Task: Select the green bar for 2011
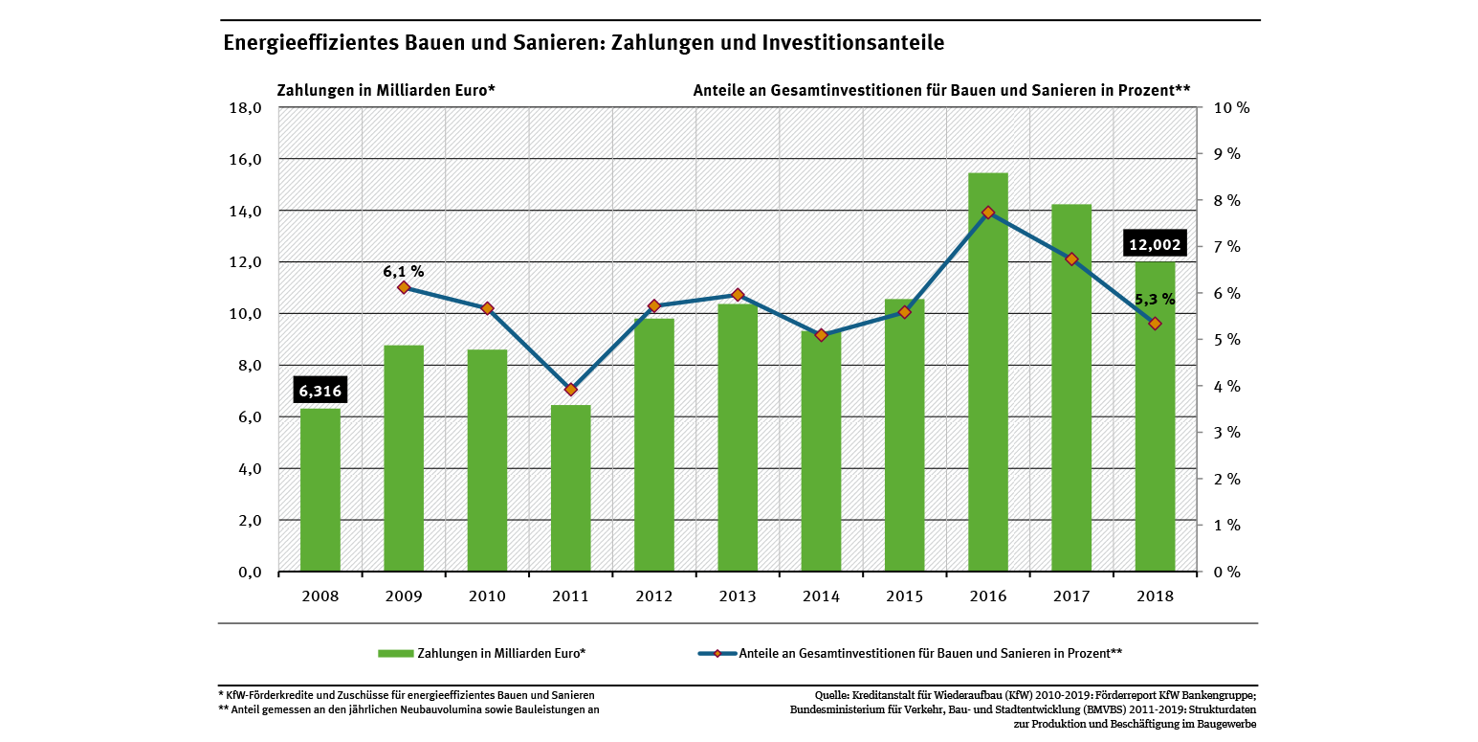click(x=570, y=488)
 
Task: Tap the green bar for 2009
click(x=404, y=460)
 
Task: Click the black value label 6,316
click(x=320, y=391)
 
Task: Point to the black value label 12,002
click(x=1155, y=244)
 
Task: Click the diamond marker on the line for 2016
click(x=988, y=213)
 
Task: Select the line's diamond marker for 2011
click(x=570, y=390)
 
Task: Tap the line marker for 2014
click(x=821, y=335)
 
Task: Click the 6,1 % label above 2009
click(x=403, y=272)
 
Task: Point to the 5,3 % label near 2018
click(x=1155, y=299)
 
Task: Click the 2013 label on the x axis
click(x=738, y=596)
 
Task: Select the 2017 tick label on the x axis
click(x=1071, y=596)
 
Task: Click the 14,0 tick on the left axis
click(x=242, y=211)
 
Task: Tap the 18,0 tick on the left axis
click(x=242, y=108)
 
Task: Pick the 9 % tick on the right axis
click(x=1226, y=154)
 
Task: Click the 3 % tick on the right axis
click(x=1226, y=433)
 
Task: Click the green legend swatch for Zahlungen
click(x=395, y=654)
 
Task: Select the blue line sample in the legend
click(x=717, y=654)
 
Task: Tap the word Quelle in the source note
click(x=832, y=695)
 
